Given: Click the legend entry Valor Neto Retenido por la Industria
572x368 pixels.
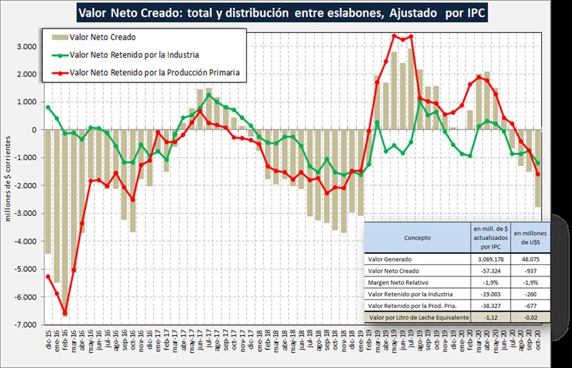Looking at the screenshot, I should click(x=139, y=54).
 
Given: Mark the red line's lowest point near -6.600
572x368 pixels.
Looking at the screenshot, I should click(x=65, y=313).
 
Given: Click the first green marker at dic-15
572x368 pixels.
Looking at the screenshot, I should click(x=48, y=107).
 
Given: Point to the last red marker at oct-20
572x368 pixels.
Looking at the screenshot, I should click(x=538, y=174).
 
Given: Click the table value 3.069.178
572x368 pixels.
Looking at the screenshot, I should click(x=490, y=260).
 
